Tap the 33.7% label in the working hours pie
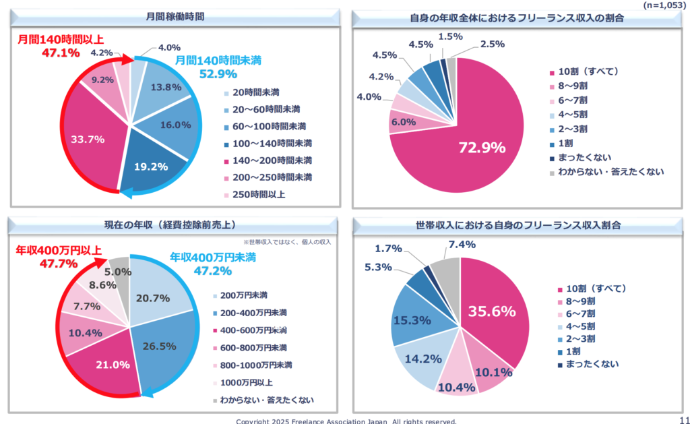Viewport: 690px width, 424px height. (x=88, y=140)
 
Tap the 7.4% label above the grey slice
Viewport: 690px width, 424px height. (x=463, y=244)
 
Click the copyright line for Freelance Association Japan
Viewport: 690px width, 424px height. (x=346, y=421)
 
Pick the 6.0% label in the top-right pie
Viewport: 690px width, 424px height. (x=403, y=122)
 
